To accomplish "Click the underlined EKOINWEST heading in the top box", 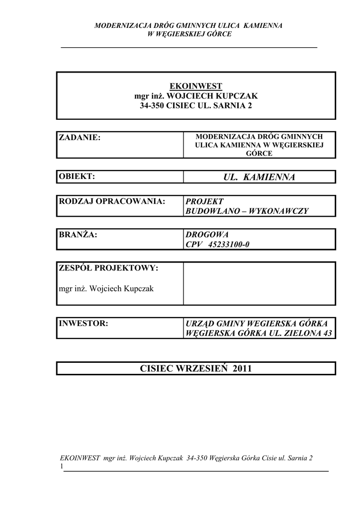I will [x=196, y=86].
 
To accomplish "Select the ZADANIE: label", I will [x=80, y=137].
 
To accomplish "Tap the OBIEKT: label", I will [x=77, y=176].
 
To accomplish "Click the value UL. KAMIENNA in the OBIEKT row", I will [x=260, y=177].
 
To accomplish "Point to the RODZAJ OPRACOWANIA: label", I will [x=112, y=201].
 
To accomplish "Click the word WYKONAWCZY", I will [x=282, y=211].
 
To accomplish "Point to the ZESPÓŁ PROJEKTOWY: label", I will [x=108, y=268].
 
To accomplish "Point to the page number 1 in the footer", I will [x=61, y=467].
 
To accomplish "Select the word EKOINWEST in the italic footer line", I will [x=79, y=459].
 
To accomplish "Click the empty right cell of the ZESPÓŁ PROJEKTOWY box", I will [x=259, y=283].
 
